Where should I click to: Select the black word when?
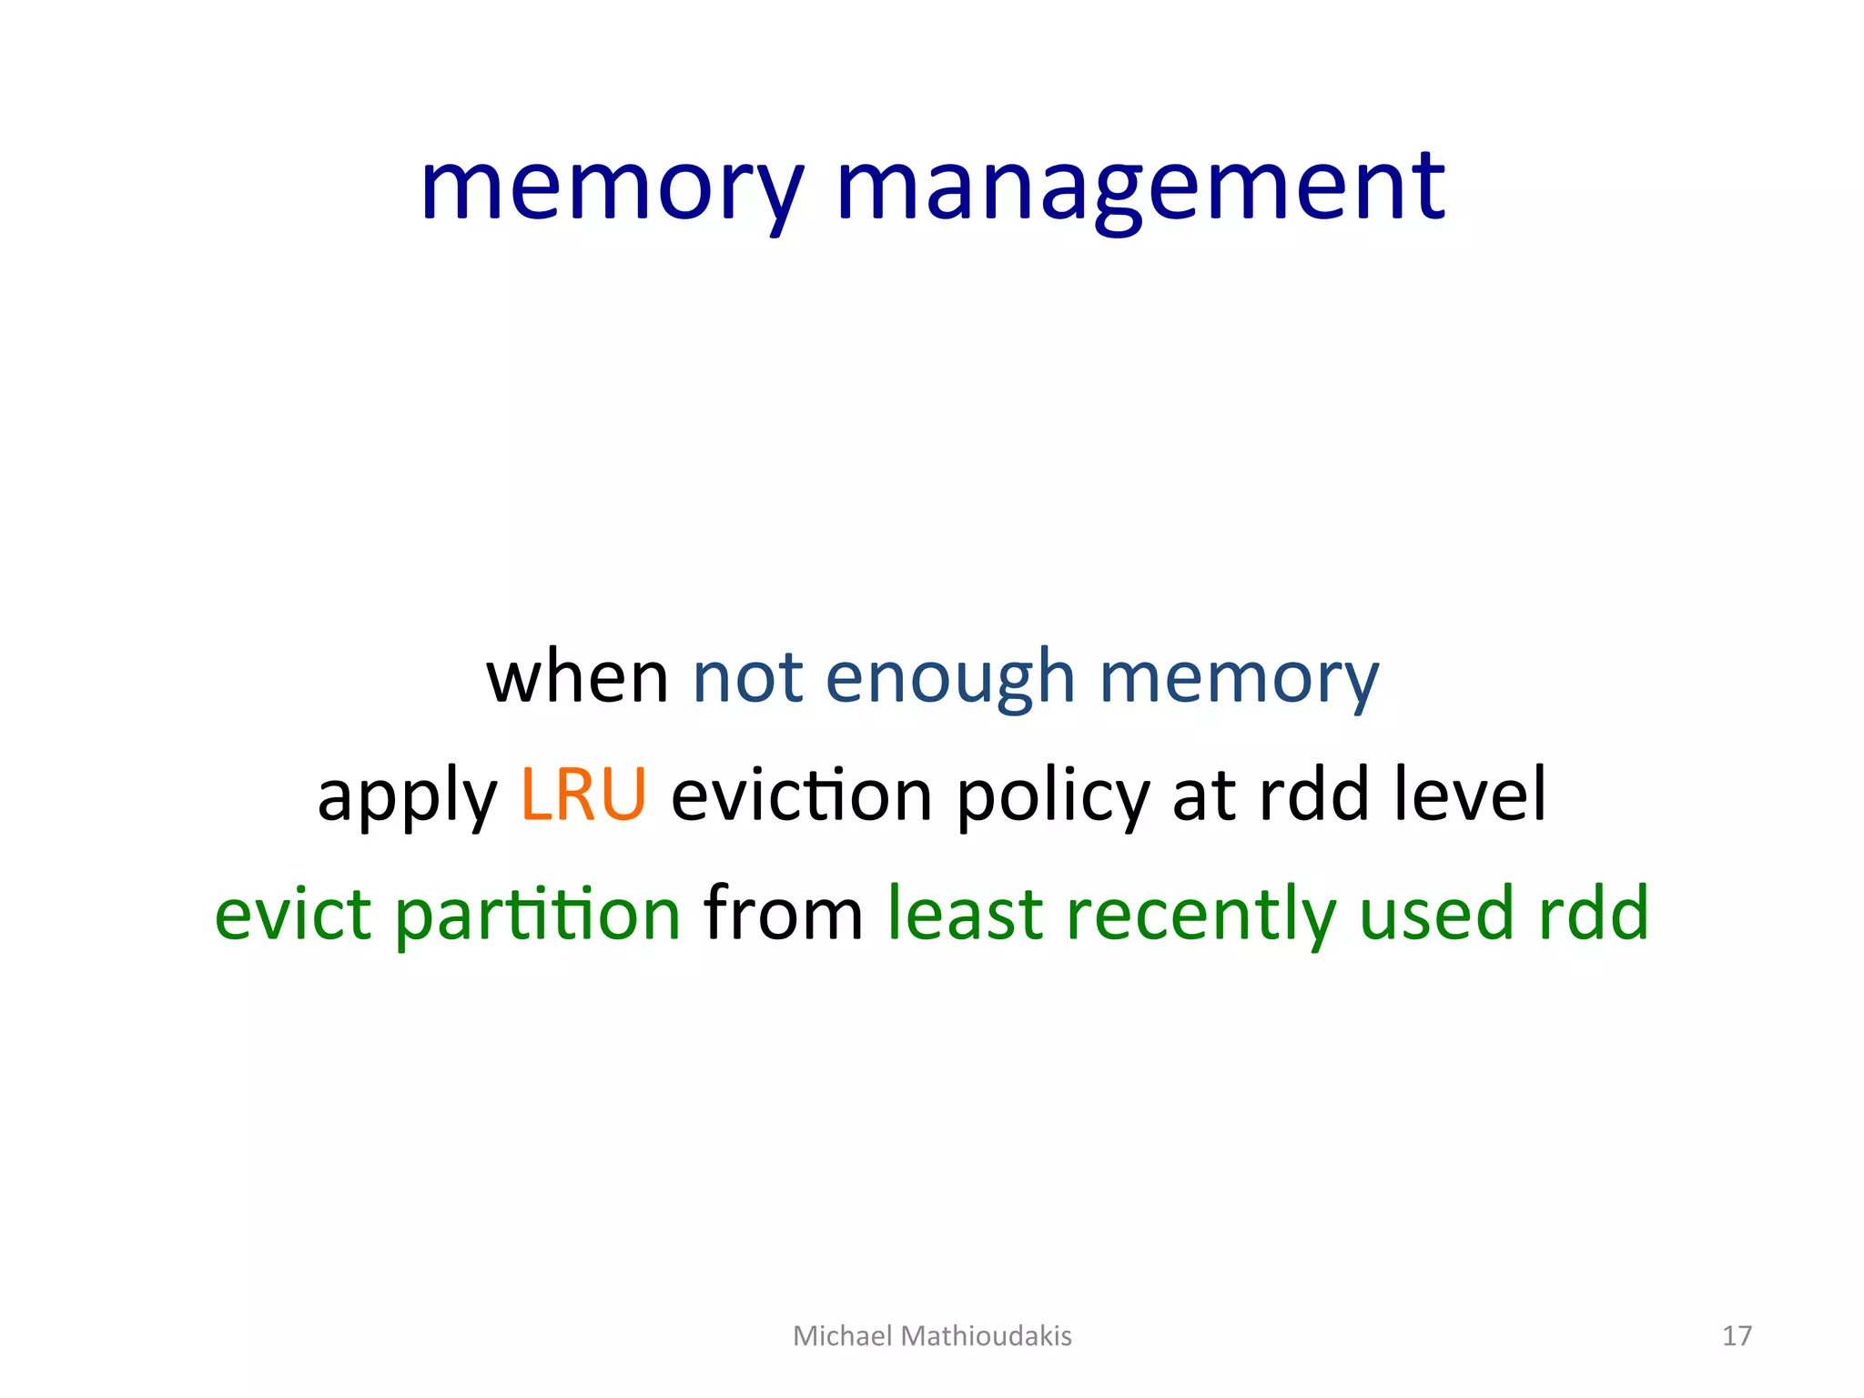click(x=578, y=678)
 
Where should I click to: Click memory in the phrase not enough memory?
click(x=1239, y=678)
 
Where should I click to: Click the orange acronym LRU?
click(x=583, y=795)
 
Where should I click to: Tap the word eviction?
click(x=802, y=795)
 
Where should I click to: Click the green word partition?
click(x=538, y=915)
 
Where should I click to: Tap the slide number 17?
click(x=1737, y=1335)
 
